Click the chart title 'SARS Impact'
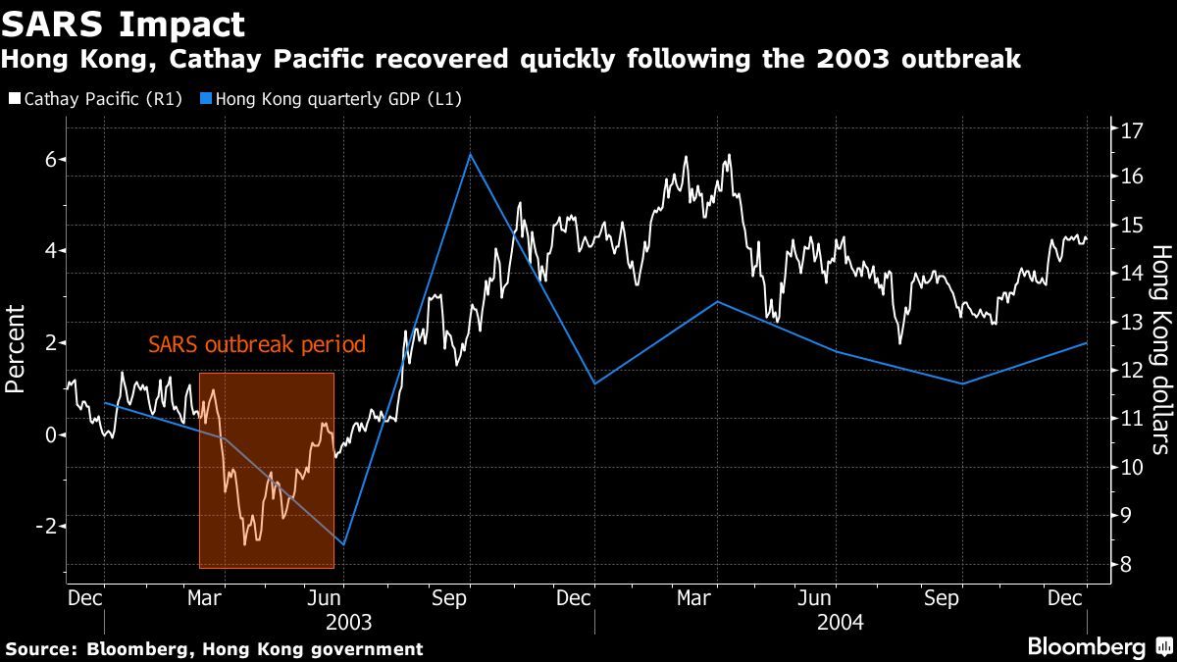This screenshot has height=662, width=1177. pos(124,24)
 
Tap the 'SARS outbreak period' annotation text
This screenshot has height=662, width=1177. pos(256,345)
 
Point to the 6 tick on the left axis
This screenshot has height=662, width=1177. pos(51,159)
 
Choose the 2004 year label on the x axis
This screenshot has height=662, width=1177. pos(841,622)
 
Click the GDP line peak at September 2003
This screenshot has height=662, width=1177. pos(470,155)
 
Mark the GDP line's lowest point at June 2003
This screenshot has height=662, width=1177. pos(343,544)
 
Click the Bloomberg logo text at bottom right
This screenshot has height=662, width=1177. pos(1086,647)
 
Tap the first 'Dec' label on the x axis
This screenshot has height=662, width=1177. pos(82,597)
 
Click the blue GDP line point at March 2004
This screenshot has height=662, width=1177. pos(716,302)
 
